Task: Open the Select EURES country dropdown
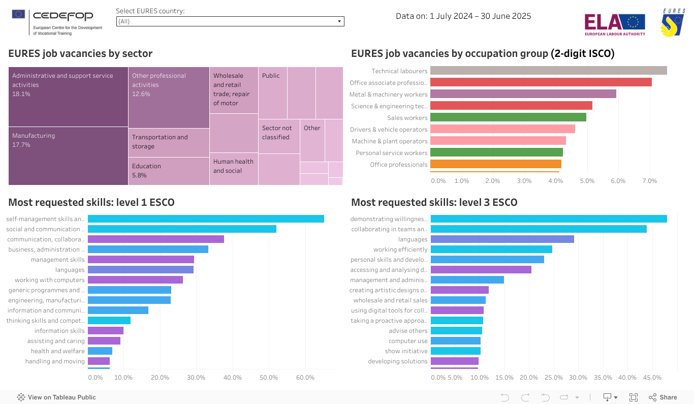(x=230, y=21)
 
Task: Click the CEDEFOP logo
(x=57, y=22)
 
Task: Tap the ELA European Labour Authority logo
(x=614, y=24)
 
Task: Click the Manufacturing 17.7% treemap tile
(x=68, y=156)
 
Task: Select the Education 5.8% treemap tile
(x=169, y=171)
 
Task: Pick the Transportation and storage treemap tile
(x=169, y=142)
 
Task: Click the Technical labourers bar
(x=548, y=71)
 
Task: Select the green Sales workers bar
(x=508, y=117)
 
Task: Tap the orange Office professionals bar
(x=495, y=164)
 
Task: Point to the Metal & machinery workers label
(x=388, y=95)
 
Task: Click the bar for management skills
(x=141, y=260)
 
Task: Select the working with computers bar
(x=135, y=280)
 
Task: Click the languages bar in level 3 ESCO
(x=502, y=239)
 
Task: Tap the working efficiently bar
(x=491, y=250)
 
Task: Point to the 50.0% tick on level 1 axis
(x=268, y=378)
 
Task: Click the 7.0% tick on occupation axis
(x=649, y=181)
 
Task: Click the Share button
(x=663, y=397)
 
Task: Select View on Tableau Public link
(x=56, y=397)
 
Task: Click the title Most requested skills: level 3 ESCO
(x=434, y=202)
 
